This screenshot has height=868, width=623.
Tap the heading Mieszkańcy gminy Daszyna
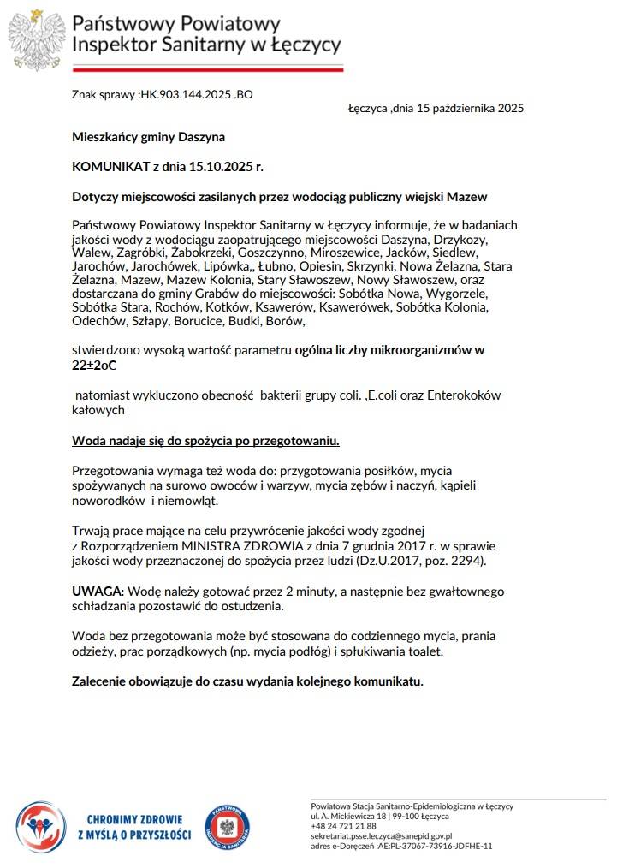point(148,137)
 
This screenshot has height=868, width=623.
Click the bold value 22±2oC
point(94,364)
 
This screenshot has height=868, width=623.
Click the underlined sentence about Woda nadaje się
point(205,441)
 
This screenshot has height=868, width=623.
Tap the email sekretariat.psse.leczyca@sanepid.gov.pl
point(381,835)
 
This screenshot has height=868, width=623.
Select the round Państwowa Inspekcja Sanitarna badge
point(227,827)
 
